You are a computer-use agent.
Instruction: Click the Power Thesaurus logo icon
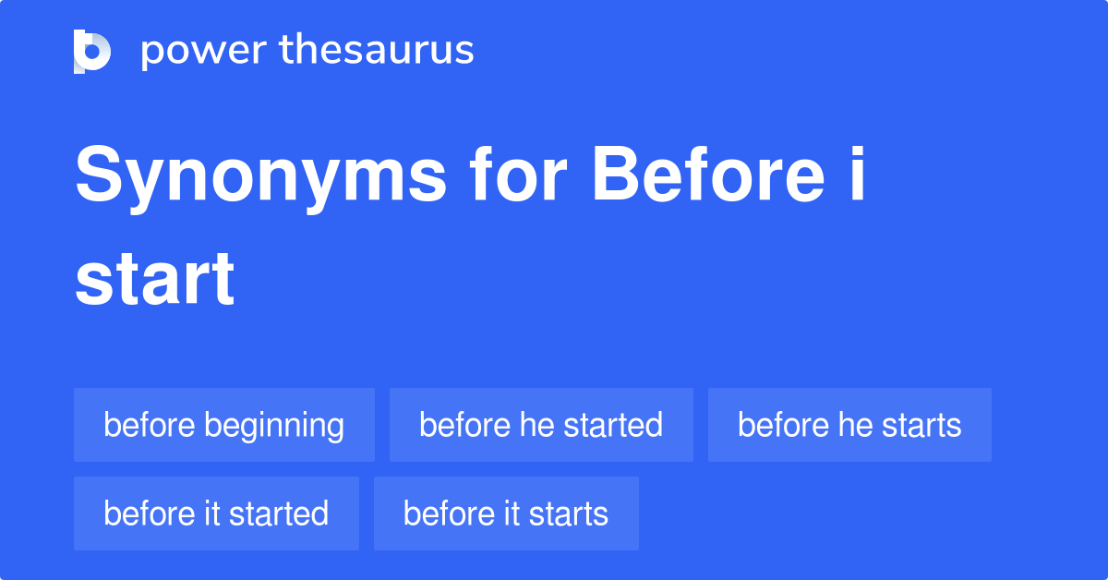coord(91,51)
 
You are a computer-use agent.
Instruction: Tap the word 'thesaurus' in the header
coord(376,51)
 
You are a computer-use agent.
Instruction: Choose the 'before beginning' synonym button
coord(224,425)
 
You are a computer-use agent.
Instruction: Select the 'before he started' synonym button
coord(541,425)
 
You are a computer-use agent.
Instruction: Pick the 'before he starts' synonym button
coord(849,425)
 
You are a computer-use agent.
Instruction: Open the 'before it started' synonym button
coord(216,514)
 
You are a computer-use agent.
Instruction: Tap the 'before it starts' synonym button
coord(506,514)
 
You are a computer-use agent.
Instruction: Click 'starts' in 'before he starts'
coord(921,425)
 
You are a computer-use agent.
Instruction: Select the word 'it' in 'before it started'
coord(213,514)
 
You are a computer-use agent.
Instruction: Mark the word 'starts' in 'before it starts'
coord(569,514)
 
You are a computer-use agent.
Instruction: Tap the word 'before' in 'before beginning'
coord(150,425)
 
